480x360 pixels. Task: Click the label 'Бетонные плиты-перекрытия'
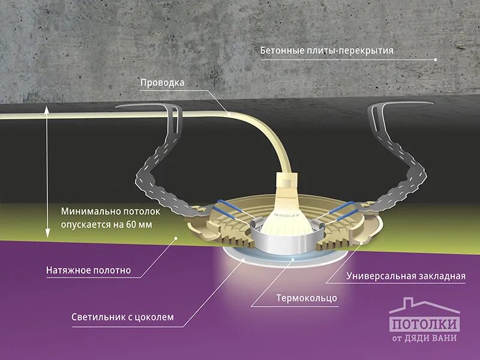pos(326,50)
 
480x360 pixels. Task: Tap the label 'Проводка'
pos(162,83)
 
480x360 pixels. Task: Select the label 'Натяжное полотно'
pos(88,271)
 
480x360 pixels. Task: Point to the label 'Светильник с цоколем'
pos(122,317)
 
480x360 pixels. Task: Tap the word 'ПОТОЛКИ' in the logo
pos(425,324)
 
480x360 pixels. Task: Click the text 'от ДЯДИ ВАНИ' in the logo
pos(425,338)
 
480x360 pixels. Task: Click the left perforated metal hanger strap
pos(162,162)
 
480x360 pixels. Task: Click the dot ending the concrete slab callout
pos(434,59)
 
